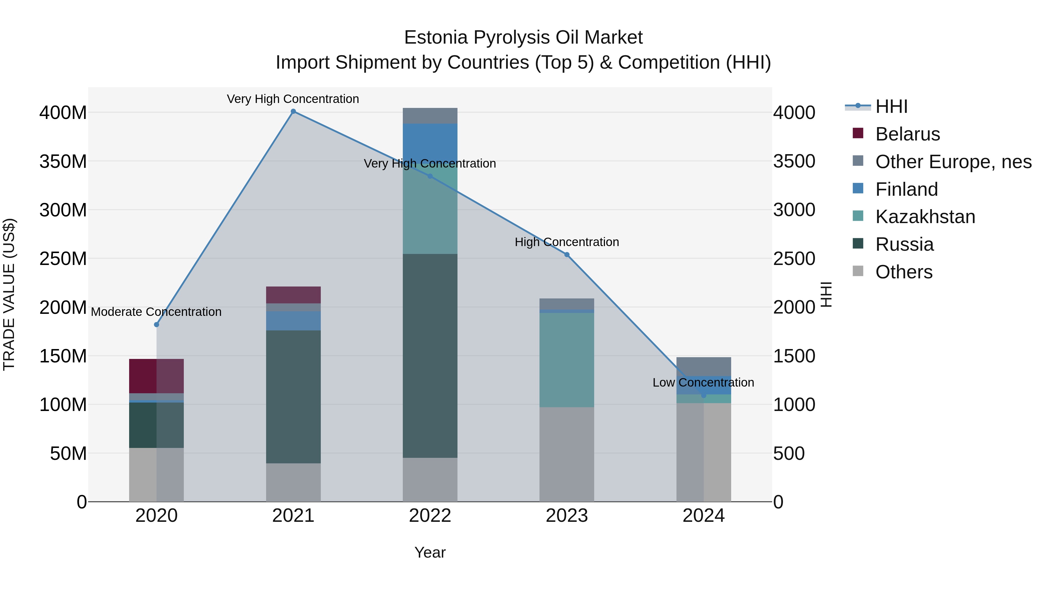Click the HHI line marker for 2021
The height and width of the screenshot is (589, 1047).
(293, 111)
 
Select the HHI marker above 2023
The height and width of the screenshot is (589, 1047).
(567, 255)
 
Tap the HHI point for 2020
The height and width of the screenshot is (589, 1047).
(156, 324)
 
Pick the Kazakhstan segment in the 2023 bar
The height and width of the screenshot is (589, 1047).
(567, 360)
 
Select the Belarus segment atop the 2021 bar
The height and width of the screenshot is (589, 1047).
(293, 295)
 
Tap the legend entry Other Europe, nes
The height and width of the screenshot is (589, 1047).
(953, 162)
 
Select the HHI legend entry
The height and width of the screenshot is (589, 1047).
(891, 106)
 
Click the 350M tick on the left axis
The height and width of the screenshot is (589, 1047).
(63, 161)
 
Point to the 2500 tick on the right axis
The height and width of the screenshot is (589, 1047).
(794, 259)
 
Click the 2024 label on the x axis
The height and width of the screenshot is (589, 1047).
(703, 516)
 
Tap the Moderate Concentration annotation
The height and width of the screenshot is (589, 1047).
(156, 312)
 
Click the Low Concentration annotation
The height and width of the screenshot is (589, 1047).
(703, 382)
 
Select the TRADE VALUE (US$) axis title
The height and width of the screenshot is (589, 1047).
(9, 294)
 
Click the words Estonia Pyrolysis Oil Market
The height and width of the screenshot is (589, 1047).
(523, 38)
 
